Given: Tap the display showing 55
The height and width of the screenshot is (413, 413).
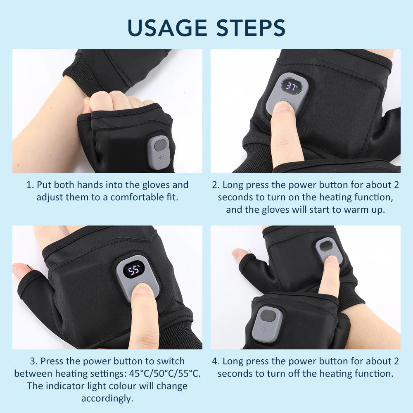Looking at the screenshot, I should coord(134,270).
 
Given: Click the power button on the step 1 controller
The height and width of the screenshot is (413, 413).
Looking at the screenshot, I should coord(159,157).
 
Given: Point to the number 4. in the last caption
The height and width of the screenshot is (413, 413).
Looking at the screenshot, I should coord(216,361).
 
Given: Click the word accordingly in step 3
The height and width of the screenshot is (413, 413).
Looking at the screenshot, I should coord(107,399).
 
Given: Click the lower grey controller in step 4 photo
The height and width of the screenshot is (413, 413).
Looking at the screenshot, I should coord(267,323).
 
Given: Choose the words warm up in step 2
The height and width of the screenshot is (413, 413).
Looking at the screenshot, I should coord(366,209).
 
